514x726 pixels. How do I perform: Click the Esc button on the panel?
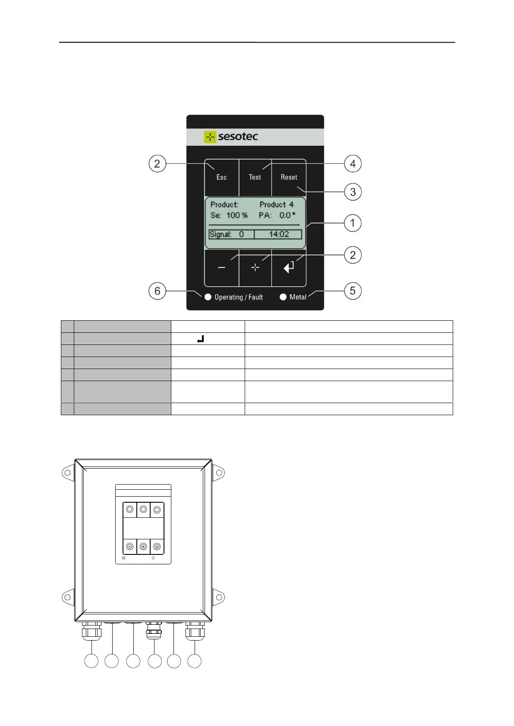[x=221, y=177]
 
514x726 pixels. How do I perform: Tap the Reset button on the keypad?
[x=289, y=177]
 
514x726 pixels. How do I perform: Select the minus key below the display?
[x=221, y=268]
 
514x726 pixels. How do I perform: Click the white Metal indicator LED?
[x=283, y=297]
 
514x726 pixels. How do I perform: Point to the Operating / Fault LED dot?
[x=208, y=297]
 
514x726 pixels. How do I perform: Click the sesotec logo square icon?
[x=210, y=137]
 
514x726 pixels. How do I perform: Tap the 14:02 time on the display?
[x=278, y=235]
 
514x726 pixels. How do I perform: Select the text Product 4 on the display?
[x=276, y=204]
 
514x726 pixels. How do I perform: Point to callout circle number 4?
[x=353, y=164]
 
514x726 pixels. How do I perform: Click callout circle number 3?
[x=353, y=192]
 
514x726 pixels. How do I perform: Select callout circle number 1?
[x=353, y=223]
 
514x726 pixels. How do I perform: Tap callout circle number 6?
[x=157, y=291]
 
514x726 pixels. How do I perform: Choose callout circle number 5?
[x=353, y=291]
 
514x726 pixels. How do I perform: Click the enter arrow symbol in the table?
[x=200, y=339]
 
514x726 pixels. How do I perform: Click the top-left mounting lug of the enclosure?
[x=67, y=473]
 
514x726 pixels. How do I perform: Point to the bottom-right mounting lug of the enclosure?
[x=219, y=598]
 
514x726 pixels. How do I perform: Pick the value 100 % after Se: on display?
[x=237, y=215]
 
